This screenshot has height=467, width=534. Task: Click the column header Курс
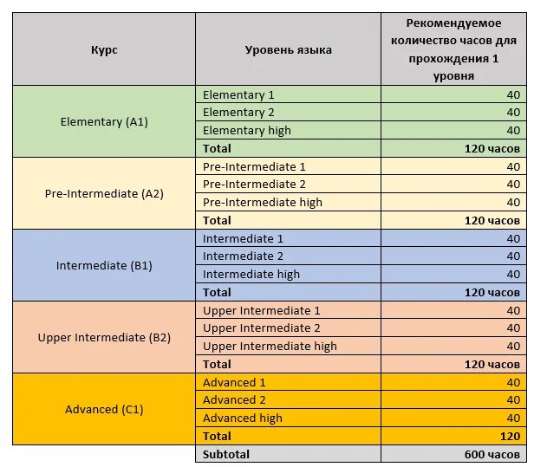pyautogui.click(x=104, y=49)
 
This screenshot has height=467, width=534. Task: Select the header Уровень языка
pyautogui.click(x=288, y=49)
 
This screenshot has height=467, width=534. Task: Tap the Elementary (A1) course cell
pyautogui.click(x=104, y=121)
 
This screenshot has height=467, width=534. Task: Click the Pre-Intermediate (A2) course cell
pyautogui.click(x=104, y=193)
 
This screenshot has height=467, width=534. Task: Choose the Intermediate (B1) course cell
pyautogui.click(x=104, y=265)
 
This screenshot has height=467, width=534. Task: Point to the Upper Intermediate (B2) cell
pyautogui.click(x=104, y=337)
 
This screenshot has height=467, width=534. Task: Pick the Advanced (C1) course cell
pyautogui.click(x=104, y=409)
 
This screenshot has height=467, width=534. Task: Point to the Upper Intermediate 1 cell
pyautogui.click(x=261, y=310)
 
